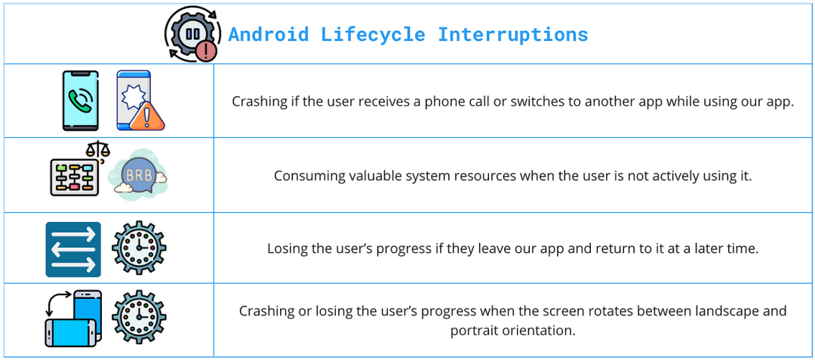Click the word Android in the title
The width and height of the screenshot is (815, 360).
click(269, 35)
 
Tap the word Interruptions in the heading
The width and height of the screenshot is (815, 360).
click(513, 35)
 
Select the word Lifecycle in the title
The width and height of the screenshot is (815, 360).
click(374, 35)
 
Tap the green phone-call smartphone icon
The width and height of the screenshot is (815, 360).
click(80, 100)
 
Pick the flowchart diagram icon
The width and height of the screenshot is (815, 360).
click(74, 176)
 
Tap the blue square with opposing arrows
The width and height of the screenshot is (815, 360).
click(73, 250)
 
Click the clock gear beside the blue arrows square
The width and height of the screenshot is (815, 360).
click(139, 249)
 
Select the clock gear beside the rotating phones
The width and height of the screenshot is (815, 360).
click(139, 317)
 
